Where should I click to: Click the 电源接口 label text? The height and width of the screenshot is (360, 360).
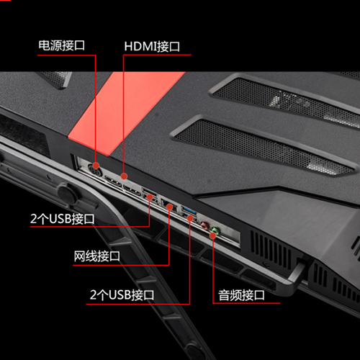(62, 45)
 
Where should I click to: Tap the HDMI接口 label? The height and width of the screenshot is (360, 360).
(152, 46)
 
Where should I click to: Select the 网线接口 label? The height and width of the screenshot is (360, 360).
(96, 256)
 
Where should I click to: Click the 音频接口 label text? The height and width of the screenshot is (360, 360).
(241, 295)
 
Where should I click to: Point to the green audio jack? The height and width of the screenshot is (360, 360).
(216, 230)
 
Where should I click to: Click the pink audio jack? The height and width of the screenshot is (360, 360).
(204, 225)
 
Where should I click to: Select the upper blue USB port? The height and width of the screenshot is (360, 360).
(189, 210)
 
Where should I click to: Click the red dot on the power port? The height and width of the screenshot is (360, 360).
(96, 166)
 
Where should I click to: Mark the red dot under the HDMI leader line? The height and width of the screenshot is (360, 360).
(124, 176)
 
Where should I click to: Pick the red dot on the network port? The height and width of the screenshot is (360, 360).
(169, 207)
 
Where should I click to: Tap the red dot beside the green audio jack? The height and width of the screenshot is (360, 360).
(212, 235)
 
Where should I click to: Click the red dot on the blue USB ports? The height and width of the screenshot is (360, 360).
(190, 218)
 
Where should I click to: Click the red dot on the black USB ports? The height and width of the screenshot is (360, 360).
(150, 197)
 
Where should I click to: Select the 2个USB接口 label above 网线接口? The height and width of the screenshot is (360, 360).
(63, 219)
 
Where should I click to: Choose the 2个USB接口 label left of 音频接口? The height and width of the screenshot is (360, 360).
(122, 295)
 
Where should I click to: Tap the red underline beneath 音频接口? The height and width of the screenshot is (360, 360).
(246, 303)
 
